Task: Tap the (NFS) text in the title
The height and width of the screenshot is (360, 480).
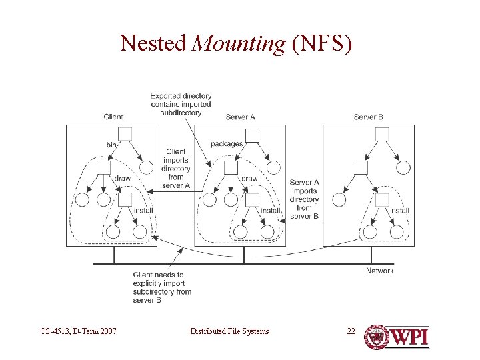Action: pos(321,43)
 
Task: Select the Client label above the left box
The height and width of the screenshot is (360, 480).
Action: pos(113,117)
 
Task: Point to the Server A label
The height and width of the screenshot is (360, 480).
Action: pos(241,117)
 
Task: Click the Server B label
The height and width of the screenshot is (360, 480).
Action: pos(369,117)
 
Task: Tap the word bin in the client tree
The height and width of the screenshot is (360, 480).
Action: pos(112,145)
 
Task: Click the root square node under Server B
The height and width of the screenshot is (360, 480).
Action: pos(382,134)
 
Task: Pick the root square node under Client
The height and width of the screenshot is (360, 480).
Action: pos(125,134)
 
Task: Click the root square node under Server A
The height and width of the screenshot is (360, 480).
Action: pos(252,135)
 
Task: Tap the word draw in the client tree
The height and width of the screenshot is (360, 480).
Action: pos(122,179)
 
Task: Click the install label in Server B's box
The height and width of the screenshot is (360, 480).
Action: pos(399,211)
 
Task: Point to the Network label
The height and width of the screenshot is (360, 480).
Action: pos(379,271)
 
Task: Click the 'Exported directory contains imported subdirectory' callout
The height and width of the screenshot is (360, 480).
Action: pos(181,104)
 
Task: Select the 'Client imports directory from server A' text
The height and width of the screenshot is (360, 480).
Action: pos(176,169)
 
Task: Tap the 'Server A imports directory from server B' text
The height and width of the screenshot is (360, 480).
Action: pos(304,199)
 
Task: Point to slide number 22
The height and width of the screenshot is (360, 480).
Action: pos(351,331)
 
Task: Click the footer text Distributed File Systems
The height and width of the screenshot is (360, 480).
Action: pos(229,331)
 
